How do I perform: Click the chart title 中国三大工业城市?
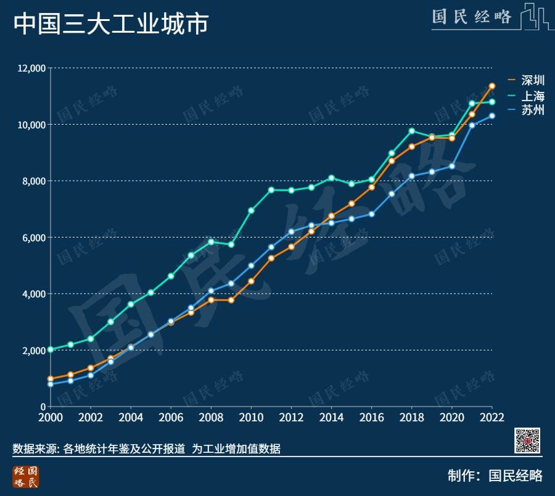(x=111, y=24)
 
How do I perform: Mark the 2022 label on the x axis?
(x=491, y=417)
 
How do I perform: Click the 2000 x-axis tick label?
(x=51, y=417)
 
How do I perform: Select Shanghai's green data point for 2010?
(x=251, y=210)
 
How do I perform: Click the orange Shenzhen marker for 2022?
(x=492, y=86)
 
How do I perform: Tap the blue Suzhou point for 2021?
(x=472, y=125)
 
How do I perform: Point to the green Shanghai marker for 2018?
(x=411, y=131)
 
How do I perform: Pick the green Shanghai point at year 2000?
(x=51, y=349)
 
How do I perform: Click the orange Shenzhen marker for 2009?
(x=231, y=300)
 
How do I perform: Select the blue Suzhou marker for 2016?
(x=371, y=214)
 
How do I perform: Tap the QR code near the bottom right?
(x=527, y=440)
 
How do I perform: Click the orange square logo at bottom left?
(x=25, y=477)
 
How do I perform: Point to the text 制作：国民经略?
(x=495, y=476)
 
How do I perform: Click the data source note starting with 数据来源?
(x=147, y=449)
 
